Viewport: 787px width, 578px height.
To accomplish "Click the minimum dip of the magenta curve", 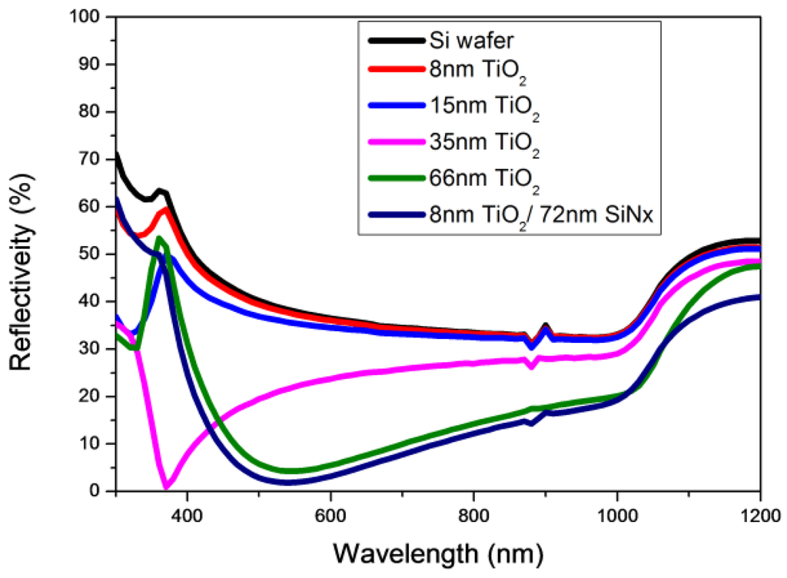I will click(168, 487).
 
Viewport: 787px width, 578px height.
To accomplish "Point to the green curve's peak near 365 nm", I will click(160, 238).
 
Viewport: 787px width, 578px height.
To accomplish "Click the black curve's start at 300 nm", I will click(116, 154).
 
